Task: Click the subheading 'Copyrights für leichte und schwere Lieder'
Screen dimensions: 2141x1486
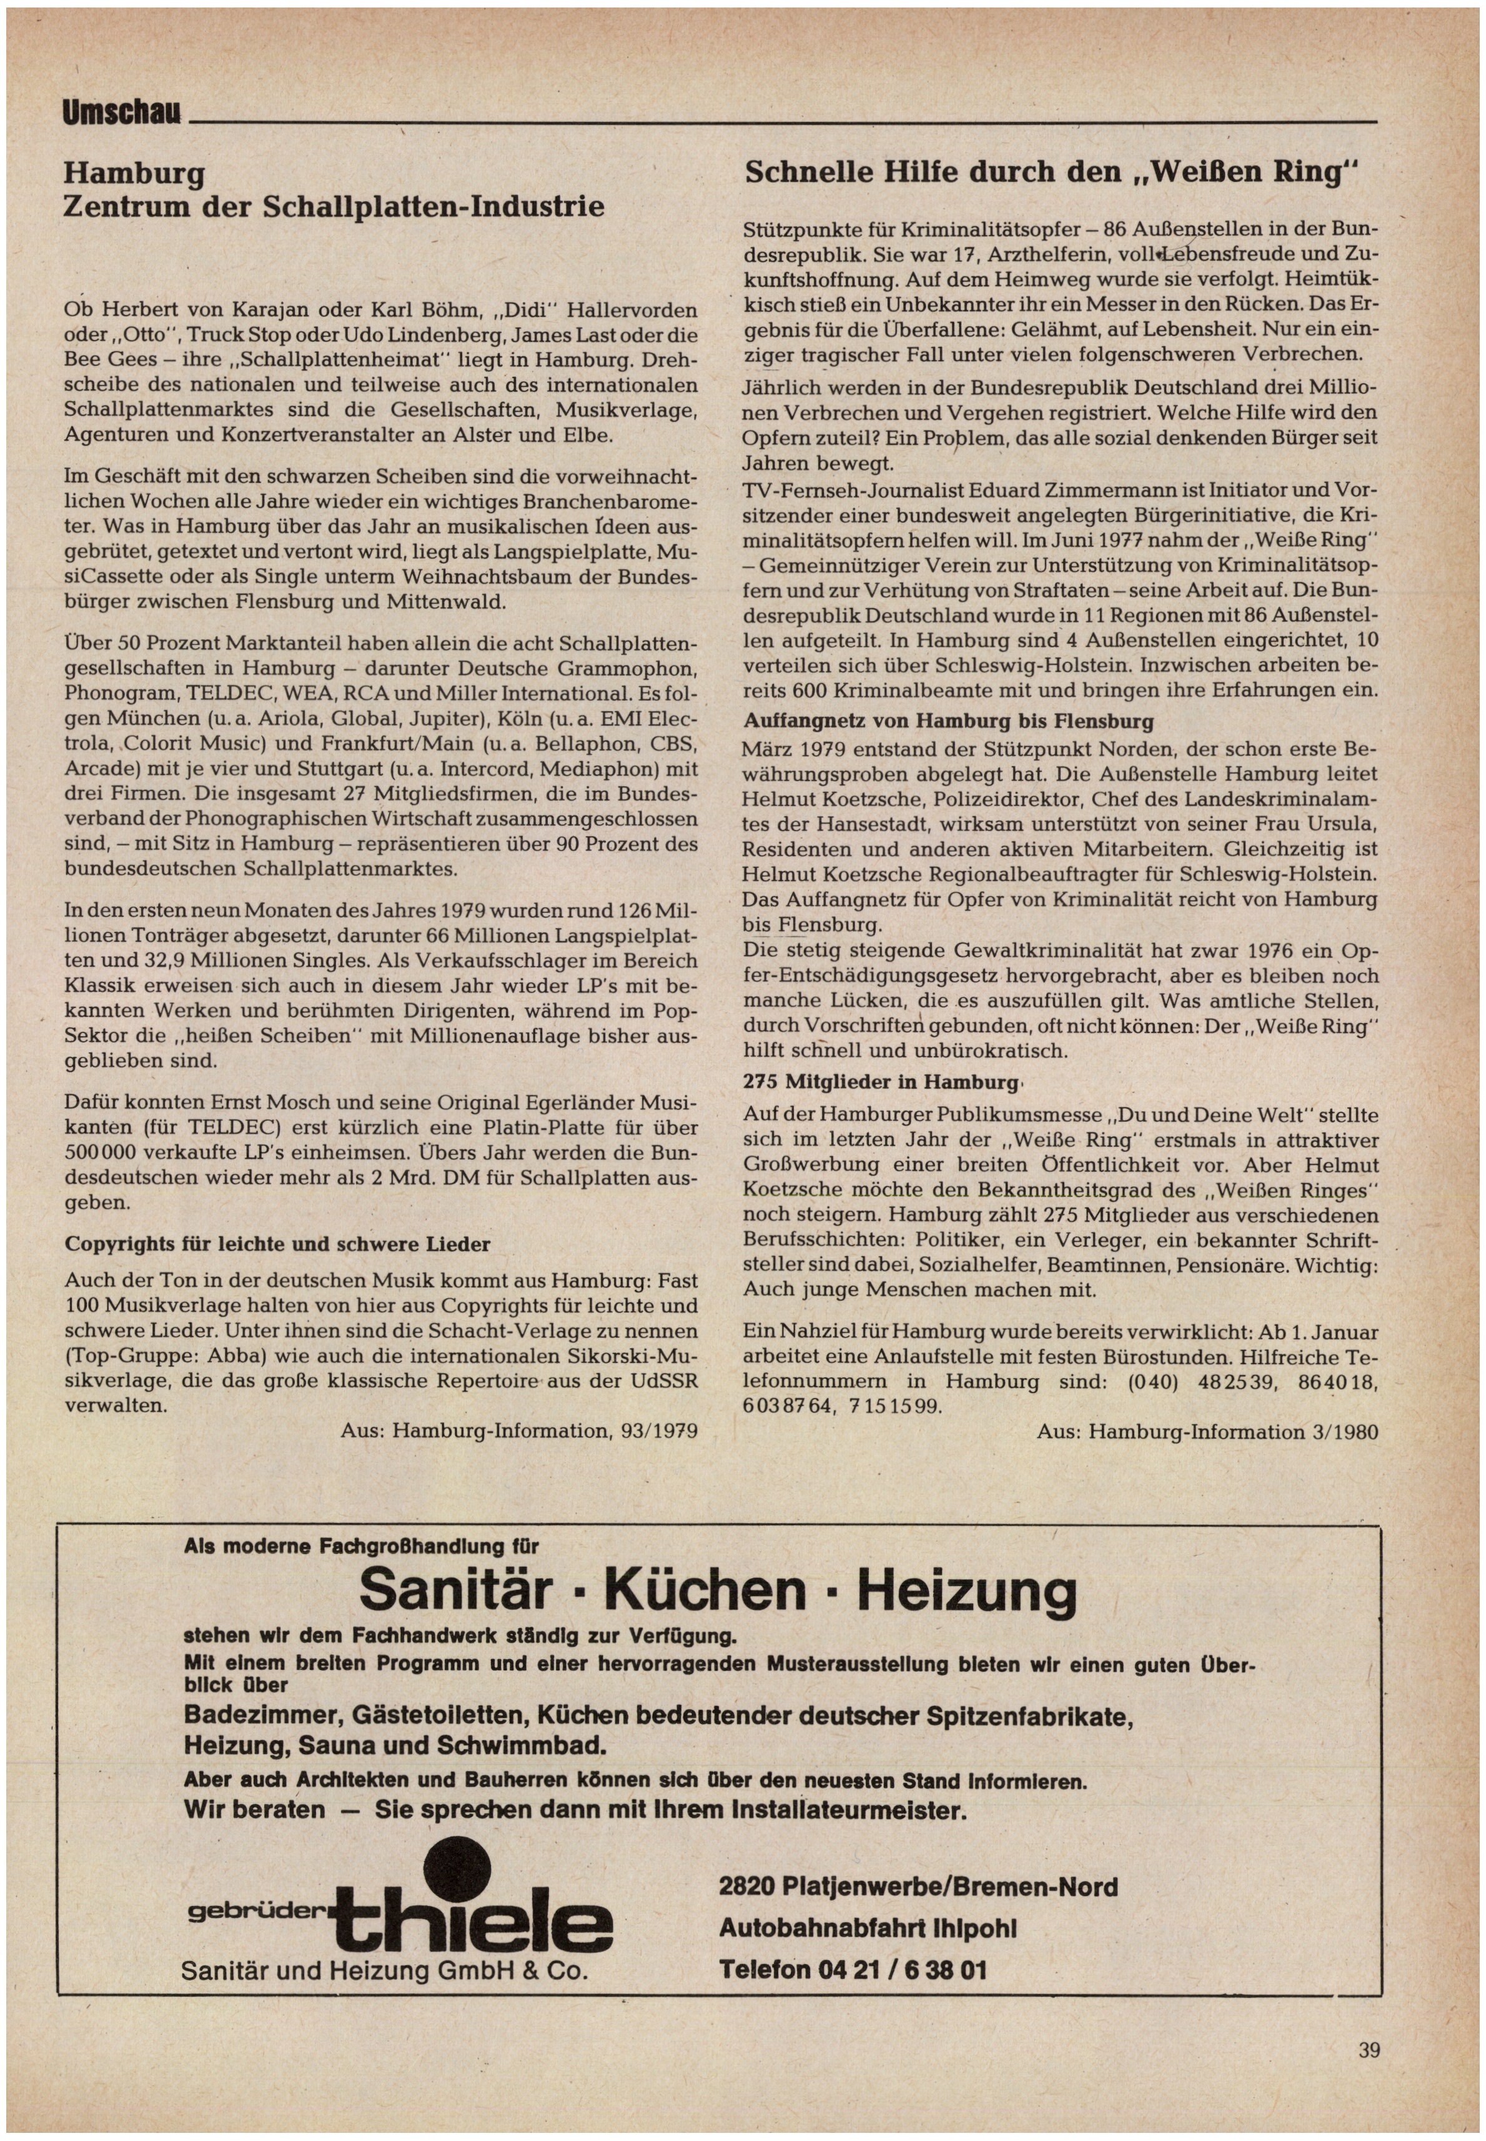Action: pyautogui.click(x=277, y=1244)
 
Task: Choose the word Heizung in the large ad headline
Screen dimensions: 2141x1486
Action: pyautogui.click(x=966, y=1590)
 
